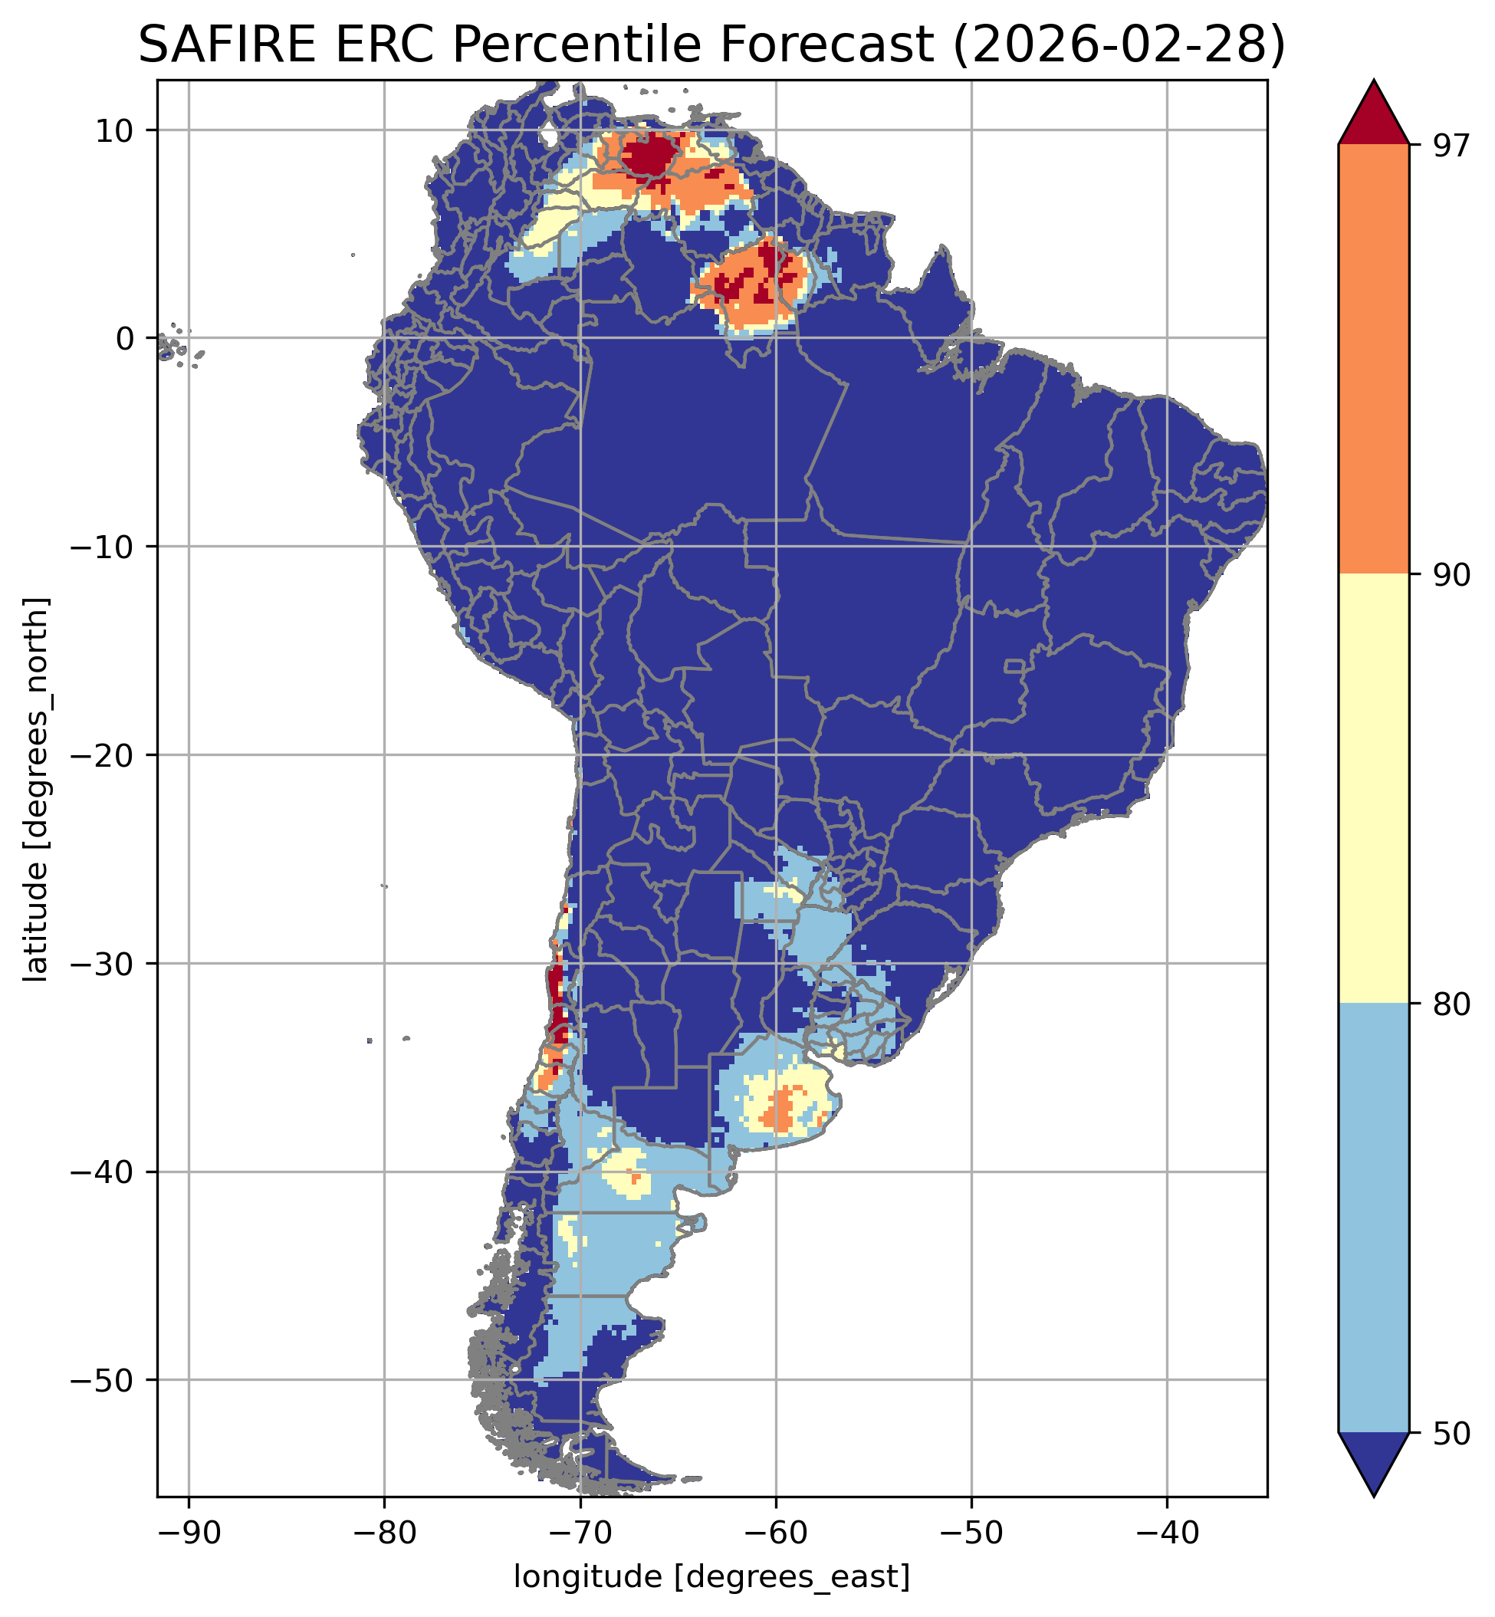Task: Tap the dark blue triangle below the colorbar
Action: (1374, 1458)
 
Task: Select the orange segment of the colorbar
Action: (1374, 360)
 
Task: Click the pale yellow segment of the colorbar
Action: (1374, 789)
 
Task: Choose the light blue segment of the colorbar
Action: (1374, 1218)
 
